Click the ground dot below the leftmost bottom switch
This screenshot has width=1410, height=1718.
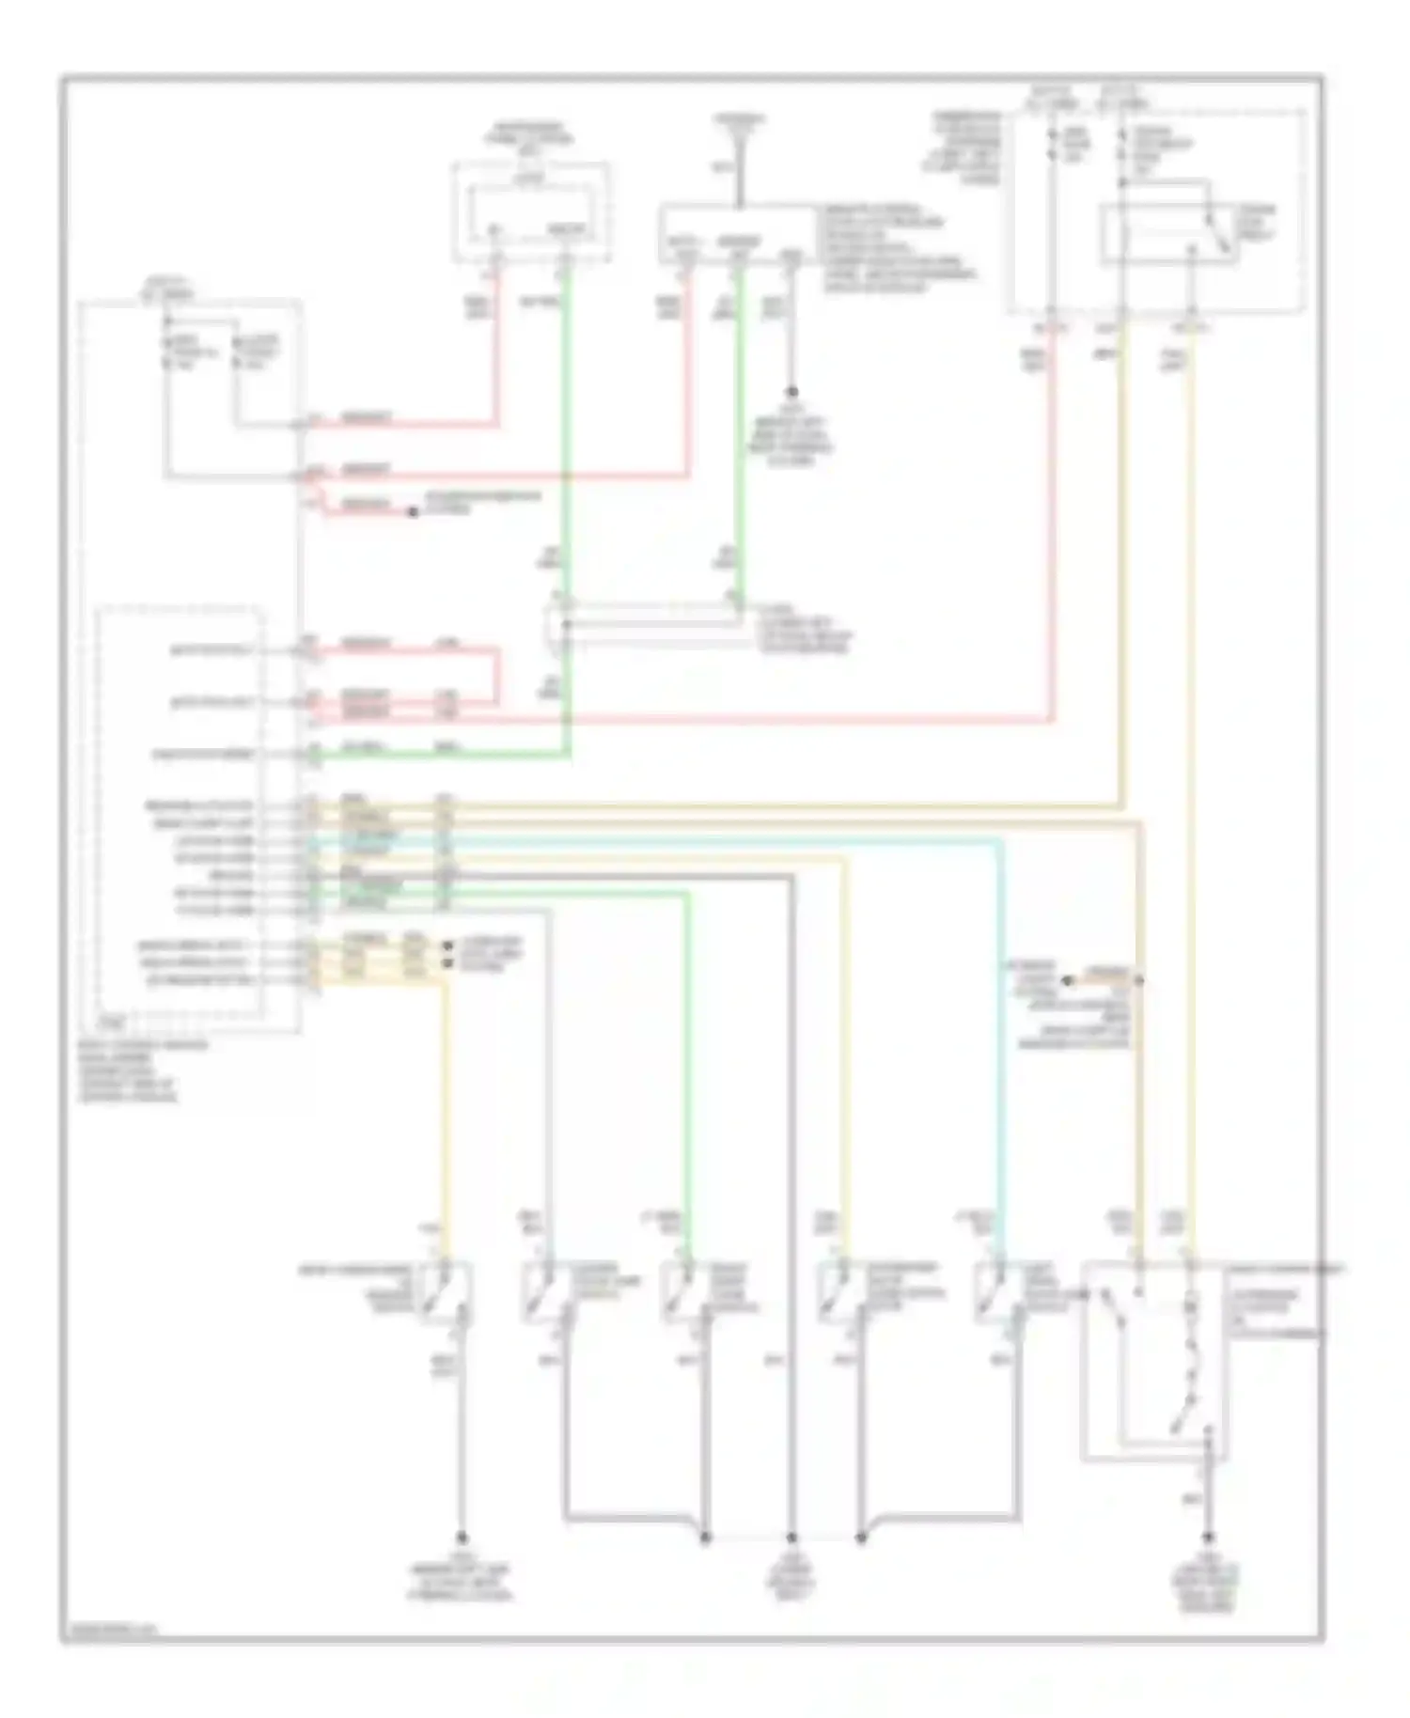point(462,1538)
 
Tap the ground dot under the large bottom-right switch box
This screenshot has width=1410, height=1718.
point(1207,1538)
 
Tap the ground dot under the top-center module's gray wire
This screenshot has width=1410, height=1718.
point(792,391)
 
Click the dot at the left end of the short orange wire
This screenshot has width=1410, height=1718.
point(1068,981)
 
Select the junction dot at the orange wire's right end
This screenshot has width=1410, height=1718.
point(1140,981)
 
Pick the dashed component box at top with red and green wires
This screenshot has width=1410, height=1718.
point(531,212)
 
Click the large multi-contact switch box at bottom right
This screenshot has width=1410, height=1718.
point(1154,1363)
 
